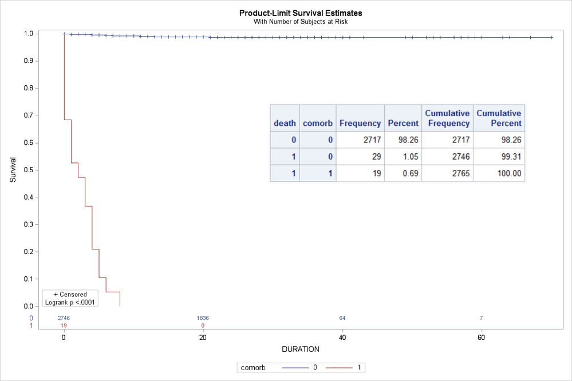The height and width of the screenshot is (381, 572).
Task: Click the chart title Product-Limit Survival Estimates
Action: [x=301, y=13]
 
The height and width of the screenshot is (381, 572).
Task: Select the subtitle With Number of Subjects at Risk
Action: [x=301, y=22]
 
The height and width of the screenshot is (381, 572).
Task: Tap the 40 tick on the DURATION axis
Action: [x=342, y=338]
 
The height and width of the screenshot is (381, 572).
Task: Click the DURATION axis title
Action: [x=301, y=348]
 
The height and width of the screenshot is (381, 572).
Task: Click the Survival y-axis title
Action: [x=13, y=170]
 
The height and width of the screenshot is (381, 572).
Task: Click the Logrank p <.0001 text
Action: [x=70, y=302]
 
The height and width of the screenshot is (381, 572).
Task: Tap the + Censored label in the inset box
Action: [x=70, y=294]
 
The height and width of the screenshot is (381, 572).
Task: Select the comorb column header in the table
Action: [x=317, y=123]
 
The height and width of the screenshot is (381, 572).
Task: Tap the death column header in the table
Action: [x=285, y=123]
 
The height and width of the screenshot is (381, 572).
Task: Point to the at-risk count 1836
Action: [x=203, y=318]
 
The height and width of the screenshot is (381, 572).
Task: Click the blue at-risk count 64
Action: [x=342, y=318]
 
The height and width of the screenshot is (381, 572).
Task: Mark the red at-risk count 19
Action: [x=64, y=326]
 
